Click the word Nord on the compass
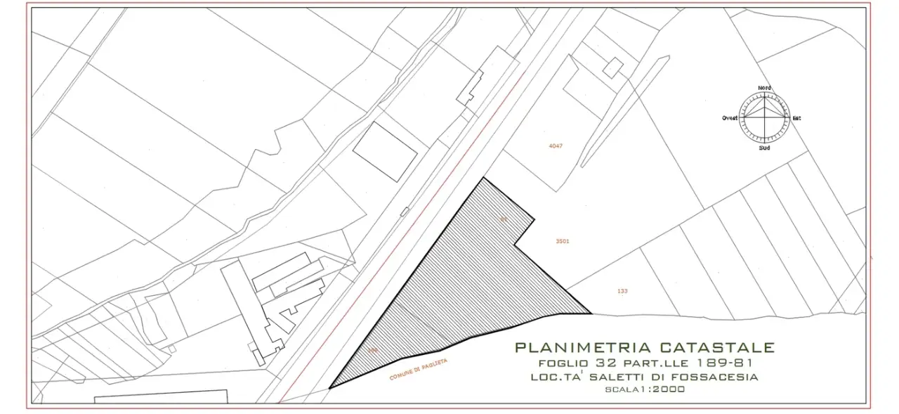coord(764,88)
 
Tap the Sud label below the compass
coord(764,148)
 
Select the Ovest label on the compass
coord(730,118)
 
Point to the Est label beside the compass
coord(796,118)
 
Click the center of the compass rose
coord(764,117)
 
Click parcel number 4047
coord(556,146)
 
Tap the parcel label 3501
coord(562,241)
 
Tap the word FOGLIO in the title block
coord(563,363)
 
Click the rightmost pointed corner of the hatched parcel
coord(590,313)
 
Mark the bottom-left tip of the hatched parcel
coord(329,388)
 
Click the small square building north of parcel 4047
coord(613,67)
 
